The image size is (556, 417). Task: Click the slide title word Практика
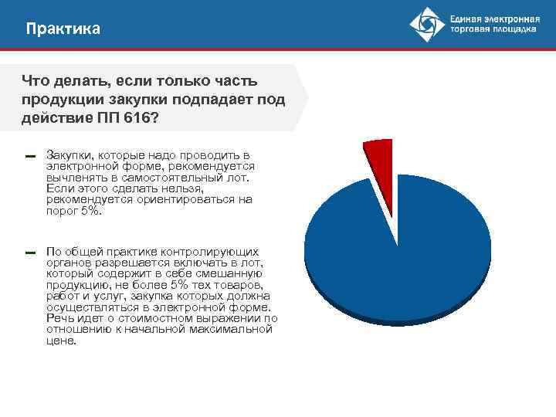tap(63, 29)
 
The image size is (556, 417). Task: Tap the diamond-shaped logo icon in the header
tap(428, 25)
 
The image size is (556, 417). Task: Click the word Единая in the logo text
tap(468, 18)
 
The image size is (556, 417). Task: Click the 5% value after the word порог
tap(91, 211)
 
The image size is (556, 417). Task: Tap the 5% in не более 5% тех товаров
tap(179, 285)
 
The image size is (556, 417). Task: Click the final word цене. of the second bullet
tap(62, 341)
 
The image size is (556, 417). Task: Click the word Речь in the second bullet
tap(61, 318)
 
